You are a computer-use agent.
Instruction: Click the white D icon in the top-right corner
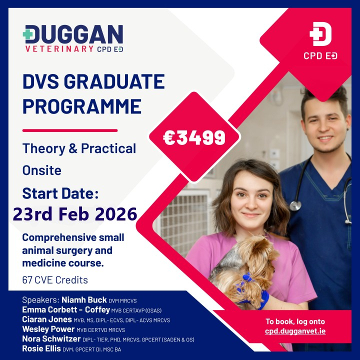coord(320,34)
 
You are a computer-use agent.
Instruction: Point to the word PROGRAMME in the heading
coord(81,106)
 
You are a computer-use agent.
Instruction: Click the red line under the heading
coord(70,130)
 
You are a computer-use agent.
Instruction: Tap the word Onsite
coord(42,170)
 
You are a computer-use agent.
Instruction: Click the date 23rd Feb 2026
coord(75,214)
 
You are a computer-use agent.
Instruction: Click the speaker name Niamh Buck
coord(83,300)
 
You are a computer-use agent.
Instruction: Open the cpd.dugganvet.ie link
coord(295,331)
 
